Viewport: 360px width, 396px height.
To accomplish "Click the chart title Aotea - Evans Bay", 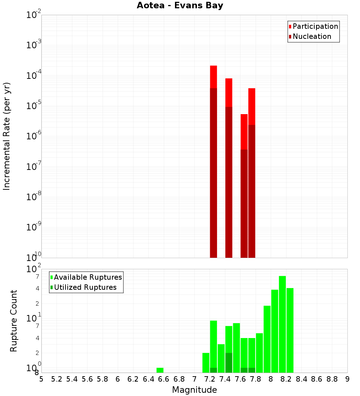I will tap(180, 6).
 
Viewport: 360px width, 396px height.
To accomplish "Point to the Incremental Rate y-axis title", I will tap(7, 136).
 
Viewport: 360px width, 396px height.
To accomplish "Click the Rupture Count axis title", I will tap(14, 321).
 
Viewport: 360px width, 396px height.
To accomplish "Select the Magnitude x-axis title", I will tap(194, 390).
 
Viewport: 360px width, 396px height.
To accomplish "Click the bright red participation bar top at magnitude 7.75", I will tap(252, 106).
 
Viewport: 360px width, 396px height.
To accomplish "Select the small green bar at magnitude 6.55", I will tap(160, 370).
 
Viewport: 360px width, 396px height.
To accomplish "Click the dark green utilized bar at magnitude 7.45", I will tap(229, 363).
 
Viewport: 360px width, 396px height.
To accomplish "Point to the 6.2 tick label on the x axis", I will tap(133, 379).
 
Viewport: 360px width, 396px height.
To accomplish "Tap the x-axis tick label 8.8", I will tap(332, 379).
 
